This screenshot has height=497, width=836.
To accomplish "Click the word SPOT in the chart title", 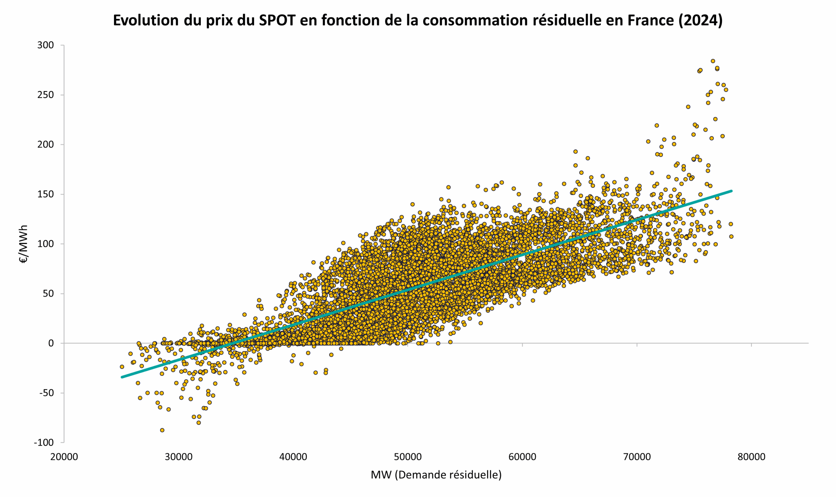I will pos(277,21).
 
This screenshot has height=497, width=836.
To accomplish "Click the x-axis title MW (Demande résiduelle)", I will pos(436,474).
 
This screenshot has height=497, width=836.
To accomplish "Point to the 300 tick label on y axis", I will pos(45,45).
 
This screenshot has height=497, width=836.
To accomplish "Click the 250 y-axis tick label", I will pos(45,95).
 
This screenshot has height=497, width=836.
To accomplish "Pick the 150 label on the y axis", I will pos(45,194).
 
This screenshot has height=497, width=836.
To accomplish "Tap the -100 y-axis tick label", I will pos(43,442).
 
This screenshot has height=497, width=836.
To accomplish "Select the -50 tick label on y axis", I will pos(46,393).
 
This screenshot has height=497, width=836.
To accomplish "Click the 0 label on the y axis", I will pos(51,343).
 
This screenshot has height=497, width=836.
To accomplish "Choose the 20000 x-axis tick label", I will pos(64,457).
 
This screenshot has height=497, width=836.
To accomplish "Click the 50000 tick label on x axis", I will pos(408,457).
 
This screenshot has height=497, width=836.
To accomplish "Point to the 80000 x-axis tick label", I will pos(751,457).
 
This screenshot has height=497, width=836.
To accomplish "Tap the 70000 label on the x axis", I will pos(637,457).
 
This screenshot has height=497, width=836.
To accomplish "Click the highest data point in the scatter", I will pos(713,61).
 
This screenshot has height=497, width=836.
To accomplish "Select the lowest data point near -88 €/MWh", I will pos(162,430).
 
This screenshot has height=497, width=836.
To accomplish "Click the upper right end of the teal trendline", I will pos(731,191).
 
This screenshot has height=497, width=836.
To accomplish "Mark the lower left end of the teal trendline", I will pos(122,377).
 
